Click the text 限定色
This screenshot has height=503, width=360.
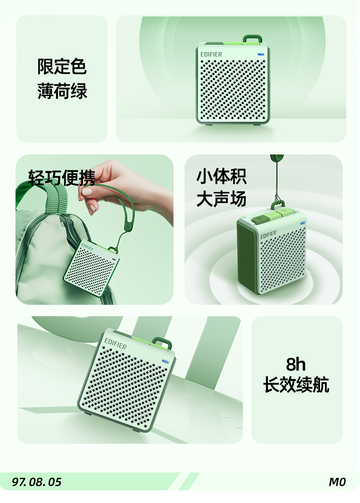[x=62, y=67]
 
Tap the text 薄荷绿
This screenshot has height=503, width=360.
[x=62, y=91]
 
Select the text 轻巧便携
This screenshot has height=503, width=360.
[x=62, y=178]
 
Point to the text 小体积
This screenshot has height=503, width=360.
[x=221, y=176]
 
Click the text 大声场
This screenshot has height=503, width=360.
[x=221, y=199]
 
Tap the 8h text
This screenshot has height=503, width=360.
[x=295, y=364]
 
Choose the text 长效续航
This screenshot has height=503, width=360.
[x=296, y=384]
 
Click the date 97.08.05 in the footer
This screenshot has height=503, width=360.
[x=36, y=482]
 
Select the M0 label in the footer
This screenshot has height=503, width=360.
[x=337, y=482]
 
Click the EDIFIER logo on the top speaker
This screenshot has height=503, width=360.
[x=211, y=55]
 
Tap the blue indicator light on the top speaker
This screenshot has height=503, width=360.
[x=261, y=54]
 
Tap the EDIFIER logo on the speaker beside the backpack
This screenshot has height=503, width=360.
[x=87, y=247]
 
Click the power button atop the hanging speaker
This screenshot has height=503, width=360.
[x=260, y=219]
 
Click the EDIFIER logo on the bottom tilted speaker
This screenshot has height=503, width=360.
[x=115, y=344]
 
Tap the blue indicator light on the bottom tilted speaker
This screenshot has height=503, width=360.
[x=165, y=362]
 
